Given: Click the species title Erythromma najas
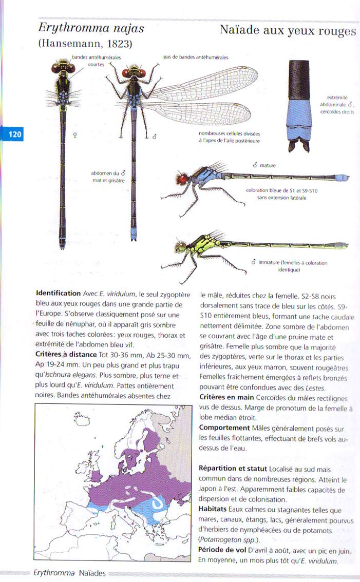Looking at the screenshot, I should pos(91,29).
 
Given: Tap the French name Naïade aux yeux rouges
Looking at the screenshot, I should pos(288,31).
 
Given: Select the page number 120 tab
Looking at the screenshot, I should pos(14,134).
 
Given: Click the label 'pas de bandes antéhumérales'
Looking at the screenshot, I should pos(196,57).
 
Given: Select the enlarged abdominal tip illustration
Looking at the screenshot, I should pos(301,105).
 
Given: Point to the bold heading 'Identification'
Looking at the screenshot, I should pos(59,293).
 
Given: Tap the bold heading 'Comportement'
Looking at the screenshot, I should pos(225,428).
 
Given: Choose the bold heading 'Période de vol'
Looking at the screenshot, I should pos(222,551).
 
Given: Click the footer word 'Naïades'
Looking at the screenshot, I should pos(92,573).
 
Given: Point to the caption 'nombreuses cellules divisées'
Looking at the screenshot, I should pos(229,134).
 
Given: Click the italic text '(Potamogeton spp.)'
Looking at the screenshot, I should pos(230,540).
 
